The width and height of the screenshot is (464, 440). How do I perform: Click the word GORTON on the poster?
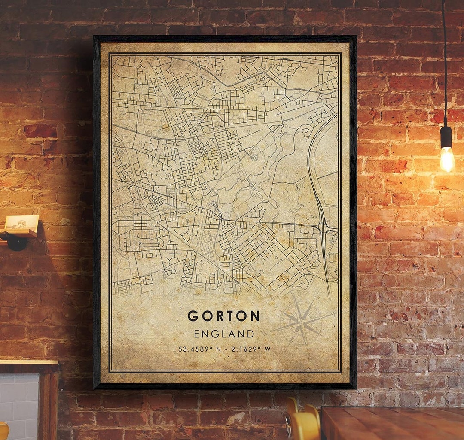(223, 316)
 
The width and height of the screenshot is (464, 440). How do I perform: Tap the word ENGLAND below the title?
(224, 334)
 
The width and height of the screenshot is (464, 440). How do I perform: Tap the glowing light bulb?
(447, 159)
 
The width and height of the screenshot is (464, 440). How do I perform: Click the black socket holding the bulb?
(446, 137)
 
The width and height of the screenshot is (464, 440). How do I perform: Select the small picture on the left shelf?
(22, 222)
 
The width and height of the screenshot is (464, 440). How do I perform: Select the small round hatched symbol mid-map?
(254, 158)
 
